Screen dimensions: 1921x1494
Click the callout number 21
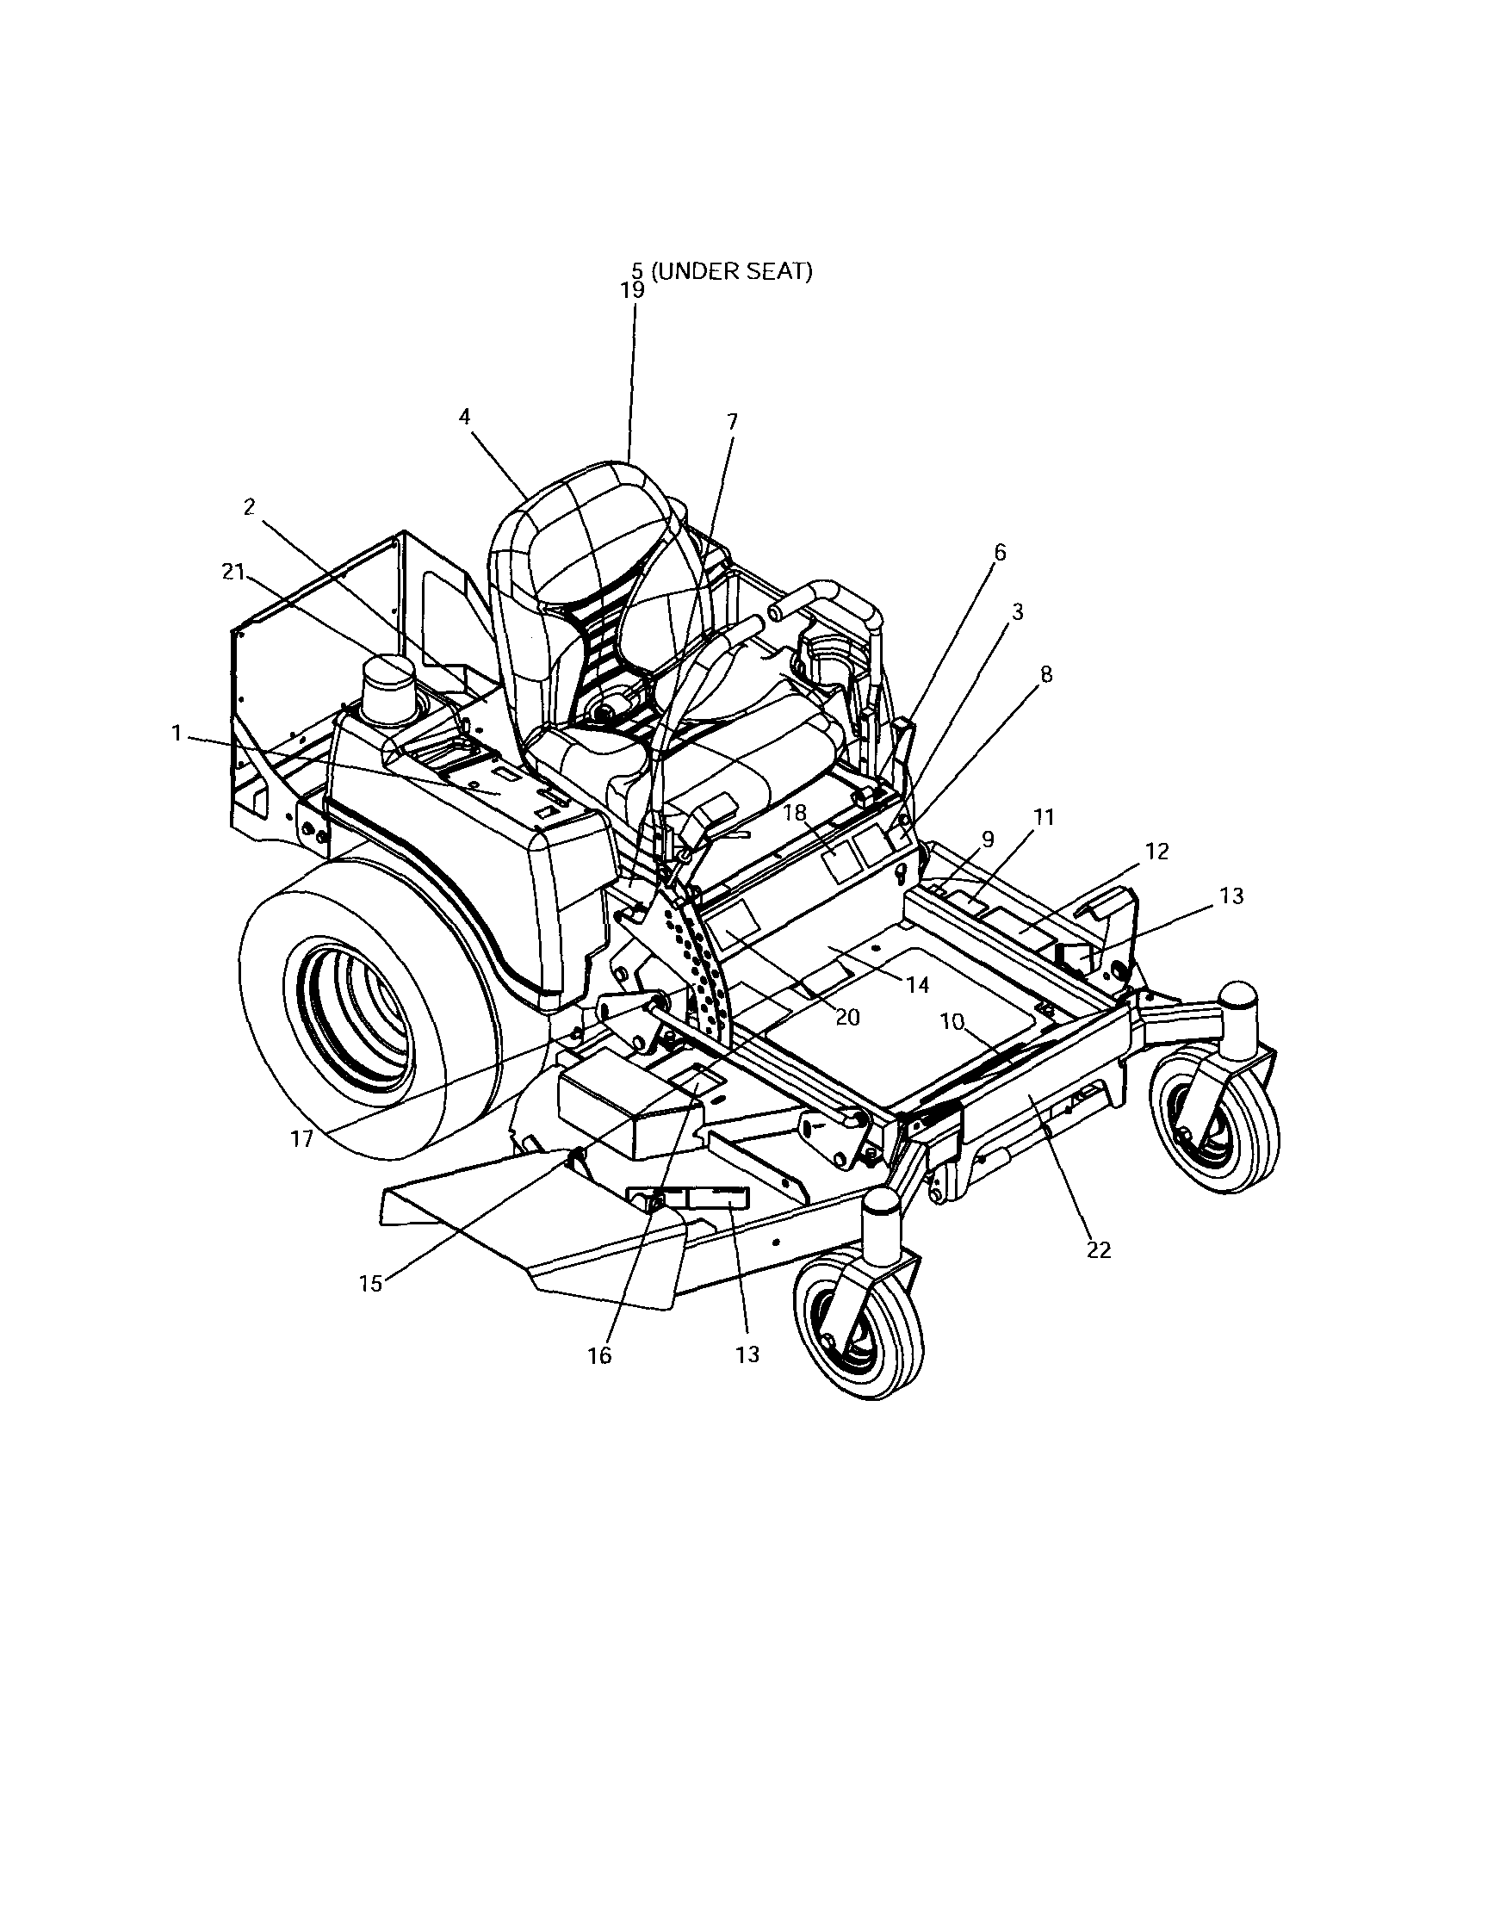232,572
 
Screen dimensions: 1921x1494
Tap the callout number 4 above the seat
465,417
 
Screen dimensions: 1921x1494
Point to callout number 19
632,291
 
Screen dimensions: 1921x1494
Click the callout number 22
1099,1250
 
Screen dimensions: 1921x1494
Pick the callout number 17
301,1139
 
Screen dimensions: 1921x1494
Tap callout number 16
599,1355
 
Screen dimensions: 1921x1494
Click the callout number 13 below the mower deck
747,1354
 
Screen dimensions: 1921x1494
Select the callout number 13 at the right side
1232,895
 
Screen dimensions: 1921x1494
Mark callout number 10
953,1021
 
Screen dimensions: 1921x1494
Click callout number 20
847,1018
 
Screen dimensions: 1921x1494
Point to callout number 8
1045,675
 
